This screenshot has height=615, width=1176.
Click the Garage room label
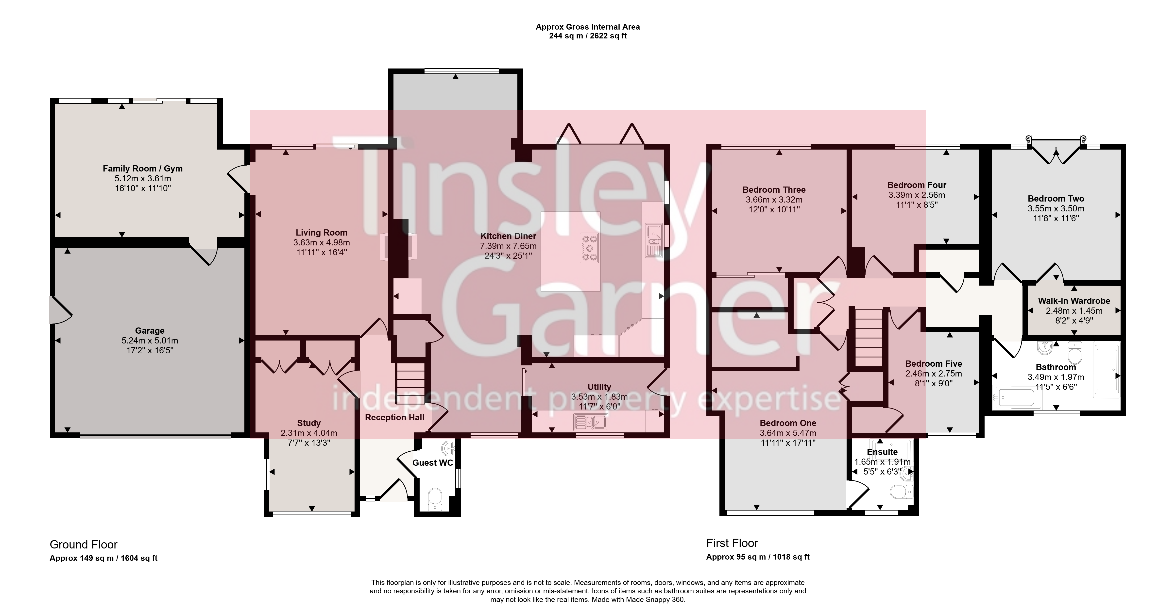[150, 331]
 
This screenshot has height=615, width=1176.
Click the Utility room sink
[591, 422]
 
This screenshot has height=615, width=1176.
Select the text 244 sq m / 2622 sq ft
[588, 36]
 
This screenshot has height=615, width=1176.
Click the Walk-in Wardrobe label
[1074, 301]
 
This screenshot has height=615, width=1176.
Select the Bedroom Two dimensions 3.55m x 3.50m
[1056, 209]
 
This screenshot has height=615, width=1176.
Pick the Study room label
[309, 423]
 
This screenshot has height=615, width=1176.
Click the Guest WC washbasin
[449, 448]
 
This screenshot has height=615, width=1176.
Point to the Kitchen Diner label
[508, 236]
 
